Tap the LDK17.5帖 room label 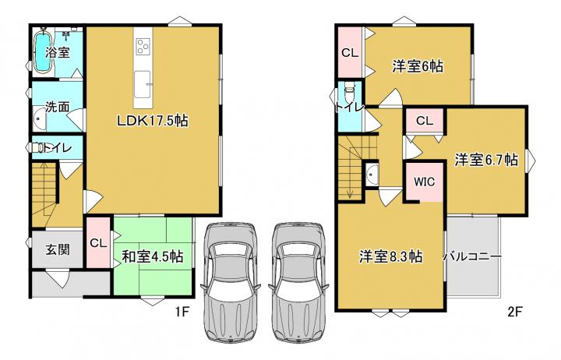tap(153, 121)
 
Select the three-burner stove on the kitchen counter tap(143, 46)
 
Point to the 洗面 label tap(57, 107)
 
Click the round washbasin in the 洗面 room tap(40, 120)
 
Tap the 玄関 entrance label tap(57, 250)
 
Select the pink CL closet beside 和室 tap(98, 242)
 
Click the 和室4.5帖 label tap(153, 256)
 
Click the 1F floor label tap(182, 312)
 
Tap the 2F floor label tap(514, 312)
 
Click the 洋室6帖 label tap(418, 66)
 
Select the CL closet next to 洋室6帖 tap(350, 53)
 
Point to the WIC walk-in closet tap(425, 182)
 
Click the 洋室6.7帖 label tap(486, 160)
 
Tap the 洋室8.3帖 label tap(390, 256)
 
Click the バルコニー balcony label tap(472, 256)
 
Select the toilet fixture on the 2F tap(348, 92)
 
